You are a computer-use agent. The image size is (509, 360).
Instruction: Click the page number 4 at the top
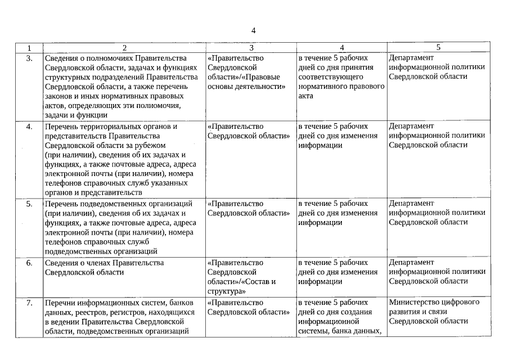[x=254, y=30]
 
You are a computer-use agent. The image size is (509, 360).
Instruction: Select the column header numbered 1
[x=29, y=48]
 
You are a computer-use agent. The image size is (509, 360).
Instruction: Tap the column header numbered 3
[x=251, y=48]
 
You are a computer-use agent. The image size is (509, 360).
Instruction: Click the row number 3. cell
[x=29, y=58]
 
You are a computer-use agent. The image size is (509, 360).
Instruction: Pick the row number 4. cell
[x=29, y=127]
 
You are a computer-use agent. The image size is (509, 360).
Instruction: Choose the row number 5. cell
[x=29, y=204]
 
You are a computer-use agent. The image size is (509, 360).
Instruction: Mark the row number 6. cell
[x=29, y=263]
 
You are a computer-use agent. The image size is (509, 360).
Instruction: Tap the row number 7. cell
[x=29, y=303]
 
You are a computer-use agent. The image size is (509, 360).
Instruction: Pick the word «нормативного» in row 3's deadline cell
[x=321, y=87]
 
